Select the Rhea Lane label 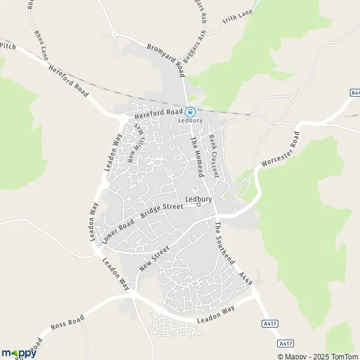click(x=41, y=44)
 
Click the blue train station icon click(x=190, y=112)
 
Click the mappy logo click(x=19, y=353)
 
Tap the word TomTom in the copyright click(x=342, y=356)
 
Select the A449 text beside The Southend click(x=245, y=277)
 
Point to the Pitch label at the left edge click(x=7, y=45)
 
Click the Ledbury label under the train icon click(x=190, y=120)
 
